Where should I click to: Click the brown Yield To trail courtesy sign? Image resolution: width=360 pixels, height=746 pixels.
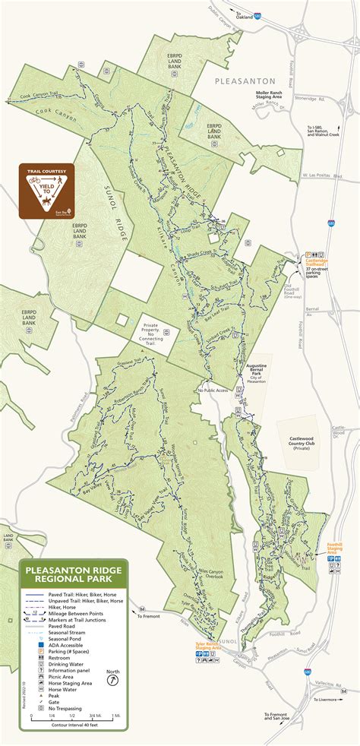[x=47, y=191]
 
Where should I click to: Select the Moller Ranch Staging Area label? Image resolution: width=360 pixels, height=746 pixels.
[x=273, y=95]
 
